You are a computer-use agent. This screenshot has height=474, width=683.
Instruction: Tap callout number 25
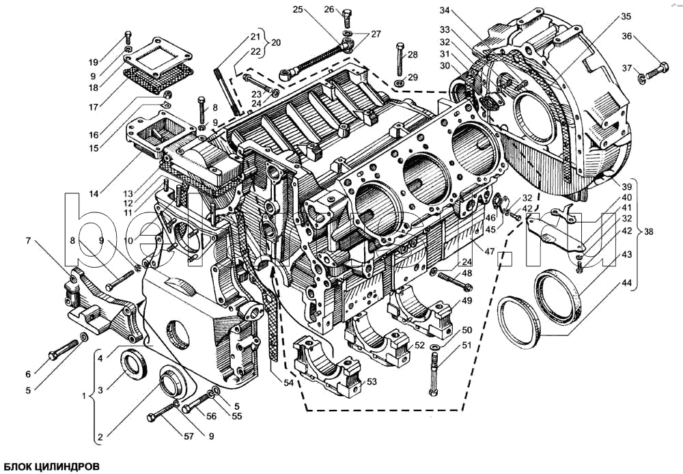click(x=297, y=9)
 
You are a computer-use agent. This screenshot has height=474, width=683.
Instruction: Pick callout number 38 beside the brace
click(x=648, y=232)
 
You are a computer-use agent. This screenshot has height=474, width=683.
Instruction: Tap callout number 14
click(x=93, y=194)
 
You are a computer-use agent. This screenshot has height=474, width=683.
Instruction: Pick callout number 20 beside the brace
click(x=276, y=42)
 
